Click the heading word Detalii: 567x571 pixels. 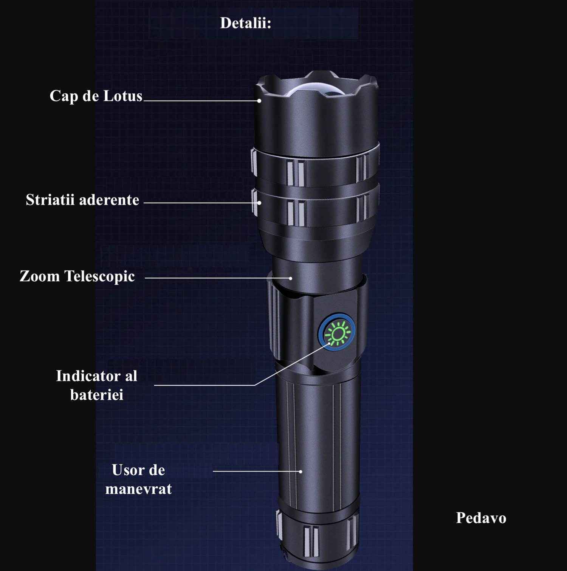pyautogui.click(x=246, y=23)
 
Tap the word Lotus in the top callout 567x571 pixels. pyautogui.click(x=123, y=96)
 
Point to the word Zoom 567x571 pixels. pyautogui.click(x=40, y=276)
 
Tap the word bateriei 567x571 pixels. pyautogui.click(x=97, y=395)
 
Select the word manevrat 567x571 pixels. pyautogui.click(x=138, y=489)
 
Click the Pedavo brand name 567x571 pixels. pyautogui.click(x=481, y=518)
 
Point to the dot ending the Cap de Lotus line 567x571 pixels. pyautogui.click(x=259, y=101)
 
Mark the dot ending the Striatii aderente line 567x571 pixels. pyautogui.click(x=259, y=203)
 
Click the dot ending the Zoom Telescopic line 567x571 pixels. pyautogui.click(x=290, y=278)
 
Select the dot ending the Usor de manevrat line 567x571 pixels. pyautogui.click(x=301, y=472)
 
